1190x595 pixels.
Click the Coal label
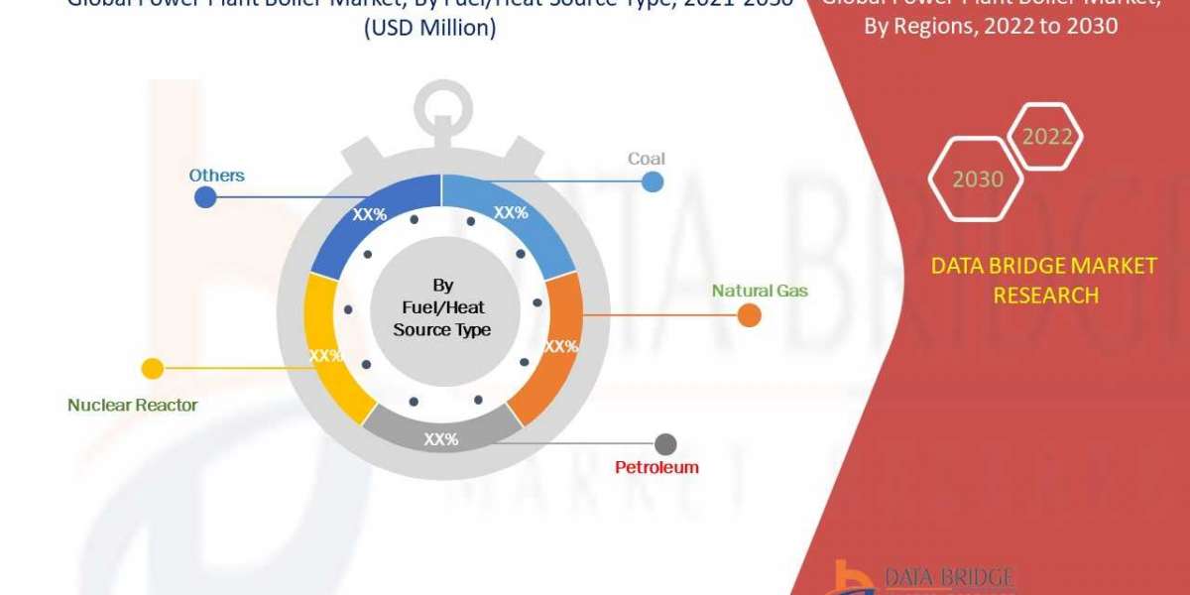pyautogui.click(x=646, y=159)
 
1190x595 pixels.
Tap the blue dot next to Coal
pyautogui.click(x=653, y=181)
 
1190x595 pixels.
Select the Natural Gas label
pyautogui.click(x=759, y=291)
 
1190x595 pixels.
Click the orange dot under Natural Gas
pyautogui.click(x=749, y=315)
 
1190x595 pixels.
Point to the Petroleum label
pyautogui.click(x=655, y=466)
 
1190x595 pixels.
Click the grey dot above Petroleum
pyautogui.click(x=665, y=444)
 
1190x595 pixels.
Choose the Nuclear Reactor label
pyautogui.click(x=132, y=405)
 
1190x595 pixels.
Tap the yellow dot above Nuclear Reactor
pyautogui.click(x=153, y=369)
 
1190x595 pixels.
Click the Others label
pyautogui.click(x=216, y=176)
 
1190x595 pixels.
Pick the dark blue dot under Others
pyautogui.click(x=205, y=196)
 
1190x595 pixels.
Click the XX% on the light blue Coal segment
pyautogui.click(x=511, y=212)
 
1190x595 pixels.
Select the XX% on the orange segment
pyautogui.click(x=560, y=346)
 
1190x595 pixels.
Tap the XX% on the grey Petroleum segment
pyautogui.click(x=441, y=439)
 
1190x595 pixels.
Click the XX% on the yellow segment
pyautogui.click(x=325, y=355)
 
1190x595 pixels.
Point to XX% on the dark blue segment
pyautogui.click(x=370, y=214)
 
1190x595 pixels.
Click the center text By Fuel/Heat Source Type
pyautogui.click(x=441, y=306)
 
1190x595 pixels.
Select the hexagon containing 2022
pyautogui.click(x=1047, y=137)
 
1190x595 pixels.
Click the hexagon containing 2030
pyautogui.click(x=977, y=178)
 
